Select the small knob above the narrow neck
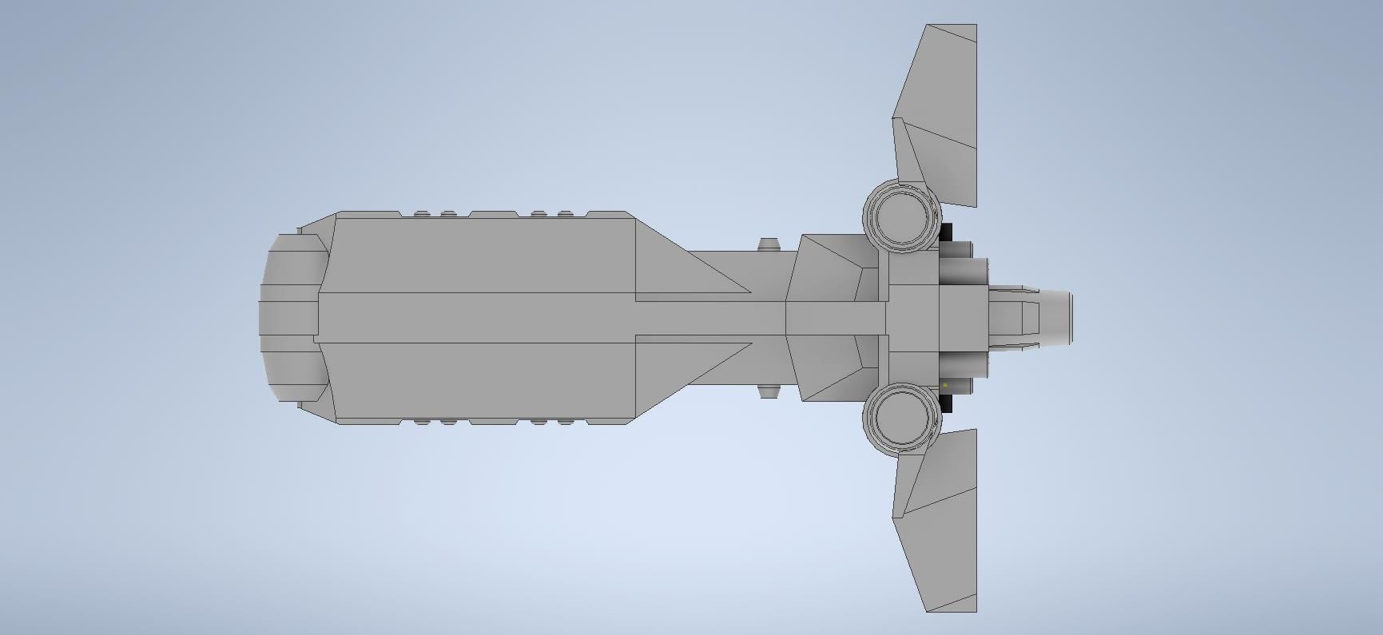(769, 244)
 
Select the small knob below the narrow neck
(769, 391)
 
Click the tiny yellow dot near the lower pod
(945, 385)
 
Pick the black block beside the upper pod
(947, 232)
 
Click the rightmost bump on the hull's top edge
(566, 213)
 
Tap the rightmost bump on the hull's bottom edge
(566, 422)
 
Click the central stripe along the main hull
(479, 318)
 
